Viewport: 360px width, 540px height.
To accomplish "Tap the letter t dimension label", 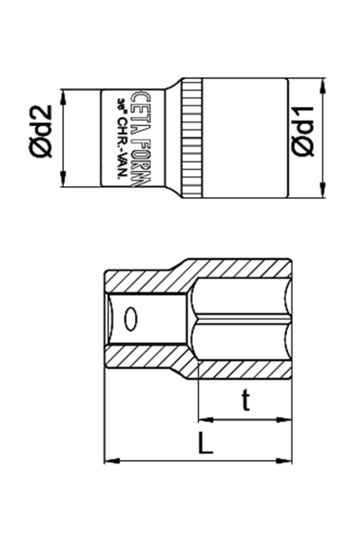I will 245,401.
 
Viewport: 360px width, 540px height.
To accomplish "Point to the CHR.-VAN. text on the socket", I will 121,140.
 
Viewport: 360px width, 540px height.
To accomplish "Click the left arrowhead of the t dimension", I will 202,418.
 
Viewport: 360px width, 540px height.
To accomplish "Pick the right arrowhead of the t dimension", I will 290,418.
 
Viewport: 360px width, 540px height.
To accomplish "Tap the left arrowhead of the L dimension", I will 110,462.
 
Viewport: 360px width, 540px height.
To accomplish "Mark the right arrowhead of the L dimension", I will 290,462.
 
